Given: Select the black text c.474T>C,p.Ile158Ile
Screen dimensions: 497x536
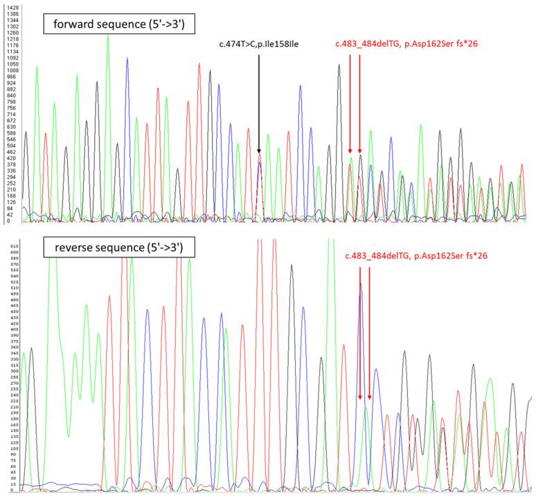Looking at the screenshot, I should pyautogui.click(x=258, y=46).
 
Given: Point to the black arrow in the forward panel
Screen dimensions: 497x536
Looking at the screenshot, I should pyautogui.click(x=258, y=104).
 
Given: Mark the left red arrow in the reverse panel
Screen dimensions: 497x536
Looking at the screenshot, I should pyautogui.click(x=360, y=332).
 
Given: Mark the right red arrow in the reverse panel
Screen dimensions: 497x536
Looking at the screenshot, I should pyautogui.click(x=370, y=332).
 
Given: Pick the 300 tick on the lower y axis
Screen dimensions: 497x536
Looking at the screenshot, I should pyautogui.click(x=10, y=370).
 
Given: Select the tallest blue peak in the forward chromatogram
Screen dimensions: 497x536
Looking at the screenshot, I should pyautogui.click(x=127, y=59).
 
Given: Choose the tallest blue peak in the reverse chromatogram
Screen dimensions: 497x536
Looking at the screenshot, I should pyautogui.click(x=360, y=284).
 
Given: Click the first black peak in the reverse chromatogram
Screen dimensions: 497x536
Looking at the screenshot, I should pyautogui.click(x=30, y=349).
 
